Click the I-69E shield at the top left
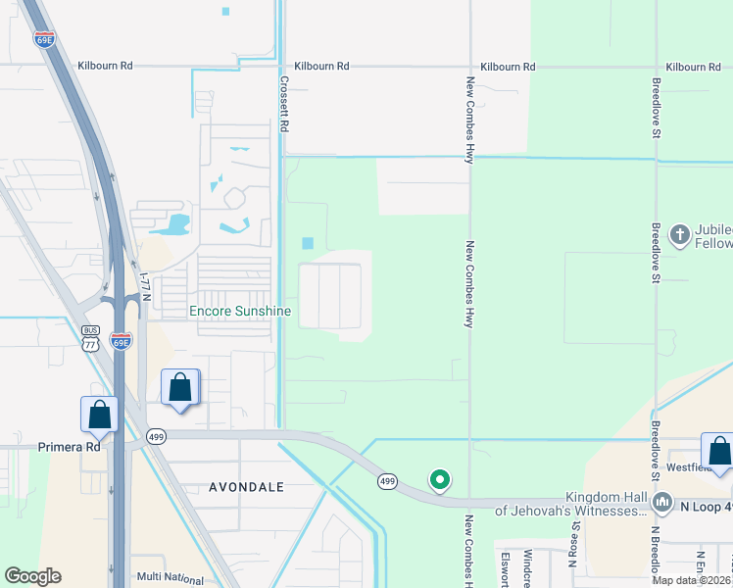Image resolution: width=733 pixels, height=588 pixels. pos(43,39)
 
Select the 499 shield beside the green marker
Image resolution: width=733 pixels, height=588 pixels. pos(388,480)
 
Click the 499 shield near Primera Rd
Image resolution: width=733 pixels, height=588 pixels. pos(155,436)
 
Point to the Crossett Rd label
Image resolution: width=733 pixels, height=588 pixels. pos(285,107)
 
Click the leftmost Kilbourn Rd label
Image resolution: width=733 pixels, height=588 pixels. pos(105,67)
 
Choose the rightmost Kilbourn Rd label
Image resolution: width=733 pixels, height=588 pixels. pos(693,67)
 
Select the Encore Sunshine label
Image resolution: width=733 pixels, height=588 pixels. pos(240,312)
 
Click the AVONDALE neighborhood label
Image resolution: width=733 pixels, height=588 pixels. pos(246,486)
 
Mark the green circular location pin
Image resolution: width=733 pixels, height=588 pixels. pos(440,479)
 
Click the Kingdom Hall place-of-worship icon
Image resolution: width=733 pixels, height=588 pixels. pos(662,504)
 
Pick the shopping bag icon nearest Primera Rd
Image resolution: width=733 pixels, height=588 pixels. pos(100,415)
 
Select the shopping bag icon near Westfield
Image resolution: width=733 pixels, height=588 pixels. pos(718,452)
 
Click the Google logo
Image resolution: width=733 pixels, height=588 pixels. pos(32,576)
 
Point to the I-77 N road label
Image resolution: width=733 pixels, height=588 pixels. pos(146,287)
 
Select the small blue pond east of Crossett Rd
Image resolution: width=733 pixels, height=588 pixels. pos(308,243)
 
